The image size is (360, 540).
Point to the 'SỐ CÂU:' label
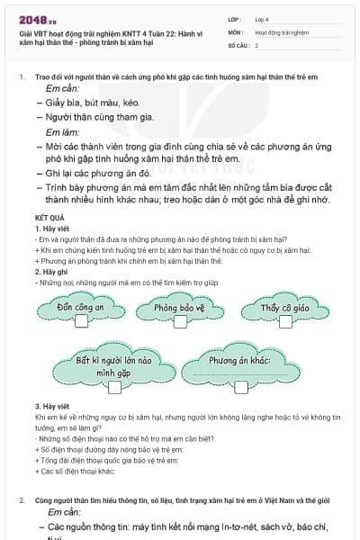pyautogui.click(x=238, y=45)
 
